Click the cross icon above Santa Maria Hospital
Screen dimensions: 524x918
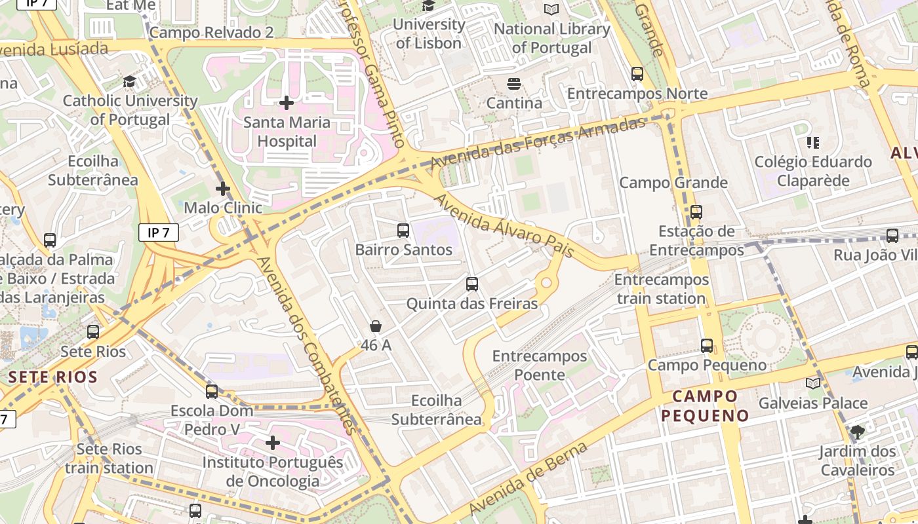[x=286, y=103]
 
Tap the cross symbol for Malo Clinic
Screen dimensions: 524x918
[x=223, y=189]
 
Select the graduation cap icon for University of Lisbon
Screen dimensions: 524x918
[x=429, y=6]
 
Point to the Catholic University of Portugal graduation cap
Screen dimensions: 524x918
[x=130, y=82]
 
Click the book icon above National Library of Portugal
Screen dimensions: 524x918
[x=551, y=10]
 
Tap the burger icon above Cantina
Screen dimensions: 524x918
[x=514, y=84]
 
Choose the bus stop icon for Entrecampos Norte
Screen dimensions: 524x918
[x=637, y=74]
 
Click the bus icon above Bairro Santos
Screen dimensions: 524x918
[x=403, y=231]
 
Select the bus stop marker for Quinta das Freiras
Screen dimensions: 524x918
[x=472, y=284]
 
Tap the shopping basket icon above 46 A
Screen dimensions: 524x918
[x=376, y=326]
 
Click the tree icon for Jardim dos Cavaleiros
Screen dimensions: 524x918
[x=857, y=432]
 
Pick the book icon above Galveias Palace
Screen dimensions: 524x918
[x=813, y=384]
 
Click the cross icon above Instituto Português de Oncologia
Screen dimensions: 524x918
[x=273, y=443]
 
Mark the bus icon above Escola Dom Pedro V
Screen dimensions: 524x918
[x=212, y=392]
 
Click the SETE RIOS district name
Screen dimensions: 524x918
[x=53, y=377]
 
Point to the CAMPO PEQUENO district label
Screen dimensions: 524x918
[x=705, y=406]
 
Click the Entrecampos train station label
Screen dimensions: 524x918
[x=661, y=289]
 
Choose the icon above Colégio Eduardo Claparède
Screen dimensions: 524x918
[x=813, y=142]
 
